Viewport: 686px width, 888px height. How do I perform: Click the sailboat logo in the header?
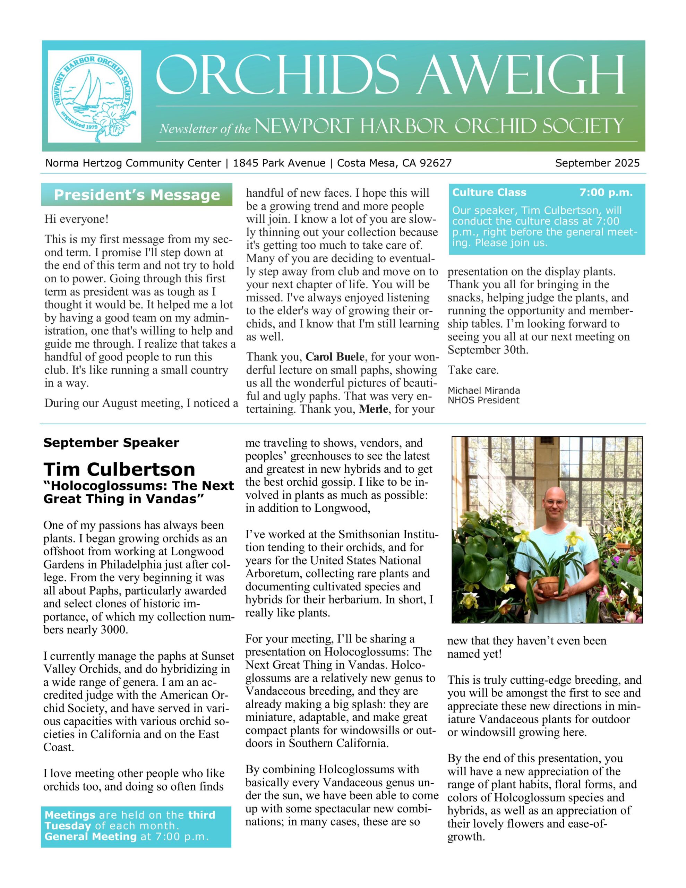click(94, 96)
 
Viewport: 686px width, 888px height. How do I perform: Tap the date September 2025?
click(597, 163)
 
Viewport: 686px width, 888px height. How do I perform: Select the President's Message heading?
click(137, 195)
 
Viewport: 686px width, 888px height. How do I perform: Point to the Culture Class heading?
click(489, 192)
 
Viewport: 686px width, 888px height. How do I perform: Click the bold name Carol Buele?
click(335, 357)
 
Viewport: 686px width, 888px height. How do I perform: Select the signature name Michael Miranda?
click(483, 390)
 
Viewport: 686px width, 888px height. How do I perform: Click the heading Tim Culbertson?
click(119, 469)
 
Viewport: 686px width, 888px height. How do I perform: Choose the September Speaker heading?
click(111, 442)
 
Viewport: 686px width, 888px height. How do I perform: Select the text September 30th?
click(488, 350)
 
